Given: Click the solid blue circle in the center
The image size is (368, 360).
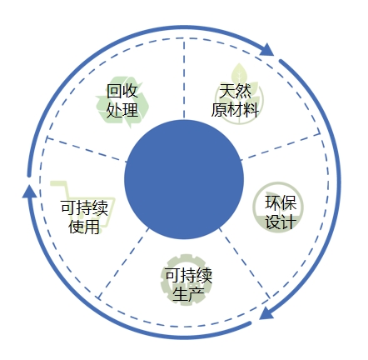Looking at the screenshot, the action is coord(184,179).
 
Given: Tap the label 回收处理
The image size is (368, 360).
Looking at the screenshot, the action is coord(122,100).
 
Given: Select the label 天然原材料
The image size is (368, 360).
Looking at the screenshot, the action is coord(235,100).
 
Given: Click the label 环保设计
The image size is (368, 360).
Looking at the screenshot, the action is coord(281,212).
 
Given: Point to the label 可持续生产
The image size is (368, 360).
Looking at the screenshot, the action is coord(189,284).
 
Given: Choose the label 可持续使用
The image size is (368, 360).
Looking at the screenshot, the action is coord(84,217).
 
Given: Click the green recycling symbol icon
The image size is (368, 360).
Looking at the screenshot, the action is coord(122,104).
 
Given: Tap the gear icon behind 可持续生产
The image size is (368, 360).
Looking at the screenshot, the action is coord(186,279).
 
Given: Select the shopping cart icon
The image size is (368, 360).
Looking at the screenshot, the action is coord(82,206).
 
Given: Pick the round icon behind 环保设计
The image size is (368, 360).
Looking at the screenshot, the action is coord(278,207).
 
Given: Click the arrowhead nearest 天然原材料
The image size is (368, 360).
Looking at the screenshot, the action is coord(266,50).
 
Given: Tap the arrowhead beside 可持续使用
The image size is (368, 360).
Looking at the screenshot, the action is coord(29,191).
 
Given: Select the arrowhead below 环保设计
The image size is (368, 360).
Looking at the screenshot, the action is coord(266,313).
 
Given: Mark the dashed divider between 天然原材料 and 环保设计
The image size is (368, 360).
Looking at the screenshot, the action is coord(280,147).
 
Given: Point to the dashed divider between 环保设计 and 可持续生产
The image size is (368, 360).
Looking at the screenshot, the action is coord(245,263).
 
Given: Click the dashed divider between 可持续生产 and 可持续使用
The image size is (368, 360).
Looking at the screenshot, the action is coord(124,263).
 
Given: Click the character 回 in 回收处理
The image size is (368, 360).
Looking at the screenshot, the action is coord(114,91).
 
